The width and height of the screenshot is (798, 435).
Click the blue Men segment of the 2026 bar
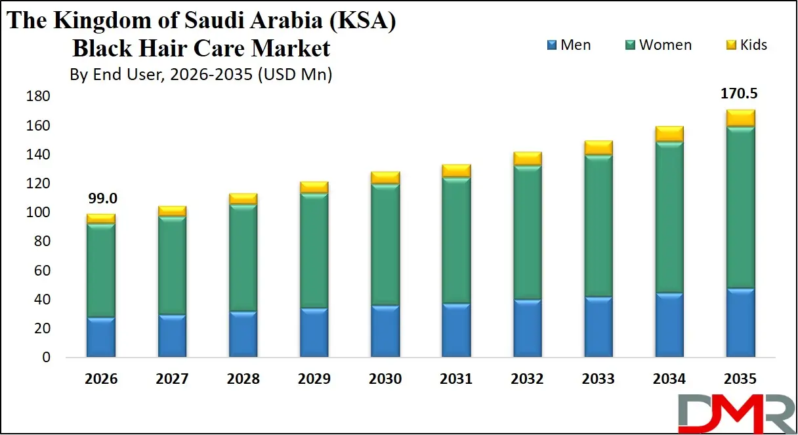click(101, 337)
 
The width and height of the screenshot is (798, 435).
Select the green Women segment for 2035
click(740, 207)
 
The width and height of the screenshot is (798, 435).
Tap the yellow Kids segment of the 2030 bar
click(385, 178)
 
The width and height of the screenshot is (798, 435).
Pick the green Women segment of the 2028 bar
click(243, 257)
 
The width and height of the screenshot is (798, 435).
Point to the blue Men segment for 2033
click(598, 327)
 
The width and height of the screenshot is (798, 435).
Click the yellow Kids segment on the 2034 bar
click(669, 134)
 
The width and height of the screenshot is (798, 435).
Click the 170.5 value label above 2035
click(740, 94)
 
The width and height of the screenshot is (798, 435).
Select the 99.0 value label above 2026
click(100, 199)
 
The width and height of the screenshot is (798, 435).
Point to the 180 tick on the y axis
click(37, 97)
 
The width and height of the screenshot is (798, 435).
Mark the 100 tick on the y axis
click(37, 213)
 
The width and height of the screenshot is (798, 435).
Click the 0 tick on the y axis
click(46, 358)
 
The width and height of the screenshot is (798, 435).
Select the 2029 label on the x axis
click(314, 379)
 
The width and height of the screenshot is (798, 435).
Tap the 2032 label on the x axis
click(527, 379)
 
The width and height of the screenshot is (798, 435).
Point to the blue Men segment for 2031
click(456, 330)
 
